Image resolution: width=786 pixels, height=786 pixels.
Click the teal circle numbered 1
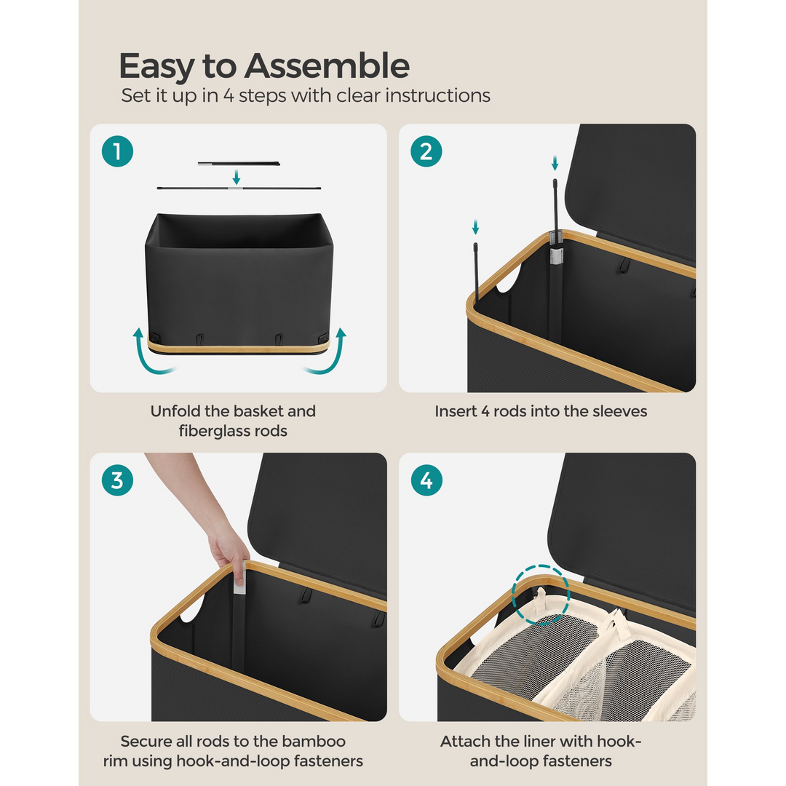point(117,151)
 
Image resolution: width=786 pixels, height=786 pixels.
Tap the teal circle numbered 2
point(426,151)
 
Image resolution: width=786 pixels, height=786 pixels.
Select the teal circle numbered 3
point(117,480)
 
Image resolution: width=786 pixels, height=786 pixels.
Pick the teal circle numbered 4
point(426,480)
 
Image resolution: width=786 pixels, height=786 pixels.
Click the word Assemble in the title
point(327,65)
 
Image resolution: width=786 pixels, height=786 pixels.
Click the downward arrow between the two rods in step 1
point(236,176)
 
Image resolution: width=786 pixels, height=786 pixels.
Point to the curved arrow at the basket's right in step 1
point(328,352)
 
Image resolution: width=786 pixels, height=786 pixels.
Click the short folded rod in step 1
point(239,164)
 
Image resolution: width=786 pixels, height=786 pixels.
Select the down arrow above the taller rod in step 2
point(555,163)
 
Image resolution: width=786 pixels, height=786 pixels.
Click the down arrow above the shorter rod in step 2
point(476,227)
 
